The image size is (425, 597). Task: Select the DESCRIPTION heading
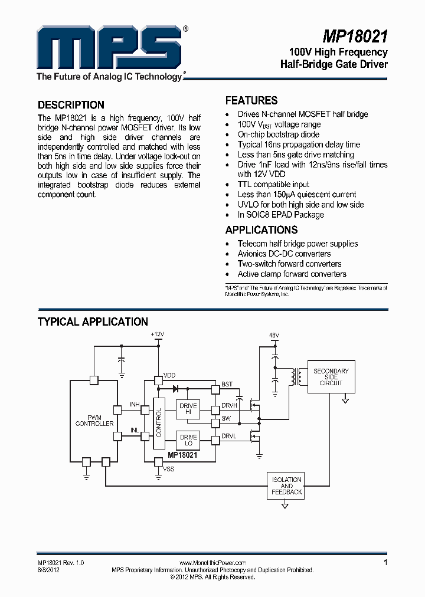point(71,105)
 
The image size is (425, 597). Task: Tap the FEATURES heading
point(251,101)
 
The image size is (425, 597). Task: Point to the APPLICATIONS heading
point(261,230)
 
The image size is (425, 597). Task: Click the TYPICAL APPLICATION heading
point(93,322)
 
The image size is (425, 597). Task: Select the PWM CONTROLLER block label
point(94,421)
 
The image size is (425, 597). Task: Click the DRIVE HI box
point(189,409)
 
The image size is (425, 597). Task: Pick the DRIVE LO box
point(189,440)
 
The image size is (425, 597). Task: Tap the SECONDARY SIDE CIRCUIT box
point(331,376)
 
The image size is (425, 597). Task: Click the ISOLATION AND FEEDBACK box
point(286,486)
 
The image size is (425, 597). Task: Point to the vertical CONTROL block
point(158,421)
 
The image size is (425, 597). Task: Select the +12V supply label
point(157,334)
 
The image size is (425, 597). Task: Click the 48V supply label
point(274,335)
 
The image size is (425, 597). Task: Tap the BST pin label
point(227,385)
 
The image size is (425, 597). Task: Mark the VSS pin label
point(169,469)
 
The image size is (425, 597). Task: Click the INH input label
point(135,405)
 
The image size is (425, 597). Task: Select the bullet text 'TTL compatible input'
point(273,185)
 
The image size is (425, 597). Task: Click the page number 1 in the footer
point(385,563)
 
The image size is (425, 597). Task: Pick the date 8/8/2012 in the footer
point(48,570)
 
